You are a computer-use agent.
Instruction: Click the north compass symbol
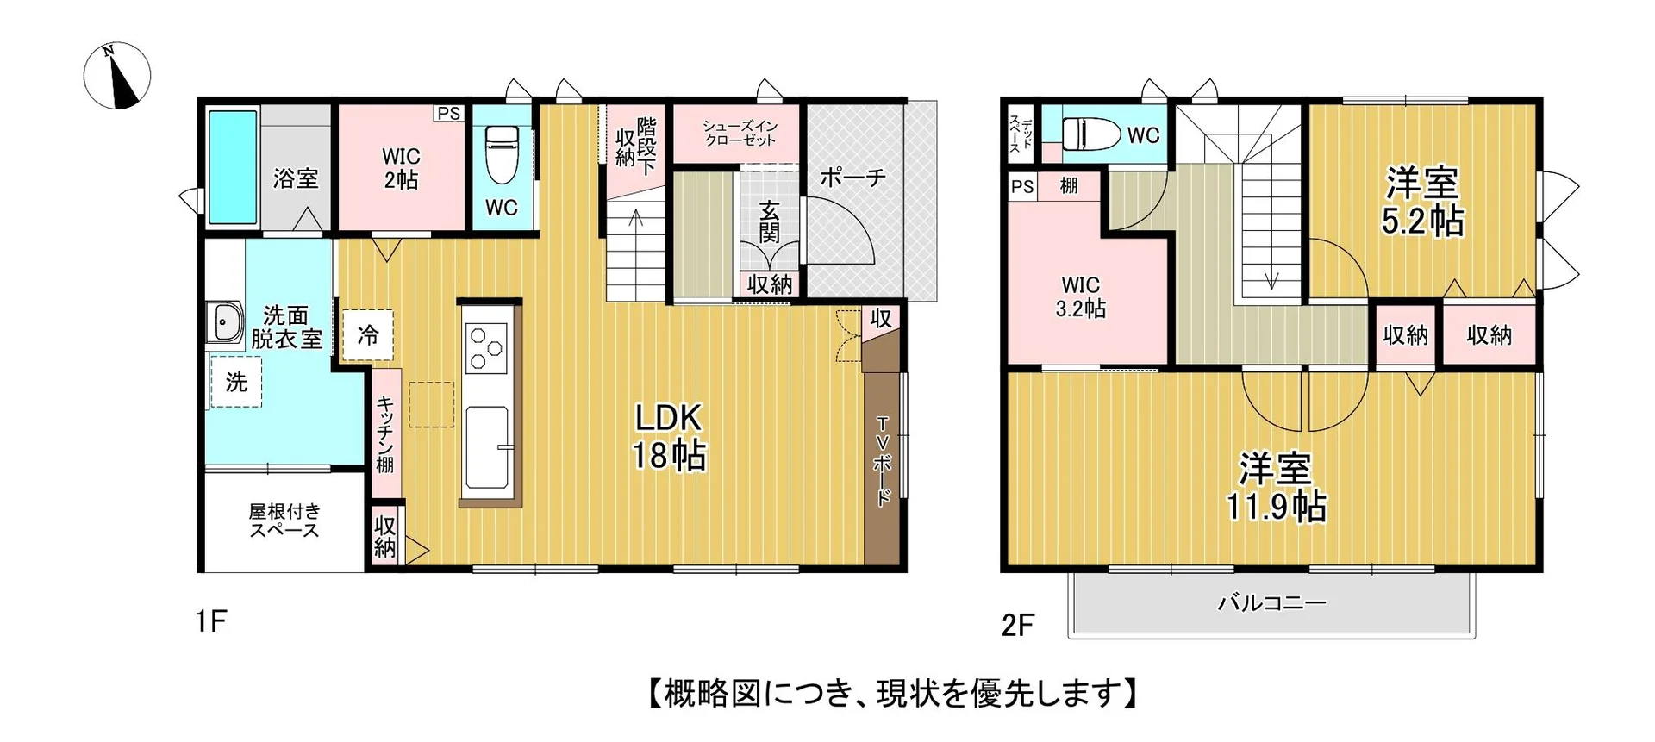pyautogui.click(x=117, y=76)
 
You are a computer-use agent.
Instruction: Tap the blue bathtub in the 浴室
pyautogui.click(x=233, y=166)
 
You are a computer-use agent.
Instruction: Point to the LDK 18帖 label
pyautogui.click(x=669, y=437)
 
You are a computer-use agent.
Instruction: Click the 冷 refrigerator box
pyautogui.click(x=368, y=334)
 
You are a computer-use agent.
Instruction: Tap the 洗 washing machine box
pyautogui.click(x=235, y=382)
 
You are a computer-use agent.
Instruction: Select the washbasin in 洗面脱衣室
pyautogui.click(x=225, y=323)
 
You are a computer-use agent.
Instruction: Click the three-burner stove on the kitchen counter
pyautogui.click(x=486, y=348)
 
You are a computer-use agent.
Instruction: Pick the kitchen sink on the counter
pyautogui.click(x=487, y=447)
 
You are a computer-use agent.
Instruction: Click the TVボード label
pyautogui.click(x=882, y=461)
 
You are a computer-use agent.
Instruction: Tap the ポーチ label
pyautogui.click(x=852, y=178)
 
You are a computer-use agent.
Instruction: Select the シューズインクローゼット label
pyautogui.click(x=740, y=133)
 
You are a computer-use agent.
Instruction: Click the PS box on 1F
pyautogui.click(x=449, y=114)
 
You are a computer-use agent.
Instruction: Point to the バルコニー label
pyautogui.click(x=1271, y=602)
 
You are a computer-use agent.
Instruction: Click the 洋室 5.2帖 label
pyautogui.click(x=1422, y=202)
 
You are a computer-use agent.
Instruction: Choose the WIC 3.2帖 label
pyautogui.click(x=1081, y=296)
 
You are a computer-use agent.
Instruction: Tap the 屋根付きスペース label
pyautogui.click(x=284, y=521)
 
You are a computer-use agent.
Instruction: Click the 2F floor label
pyautogui.click(x=1017, y=625)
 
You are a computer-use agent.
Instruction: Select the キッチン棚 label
pyautogui.click(x=385, y=433)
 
